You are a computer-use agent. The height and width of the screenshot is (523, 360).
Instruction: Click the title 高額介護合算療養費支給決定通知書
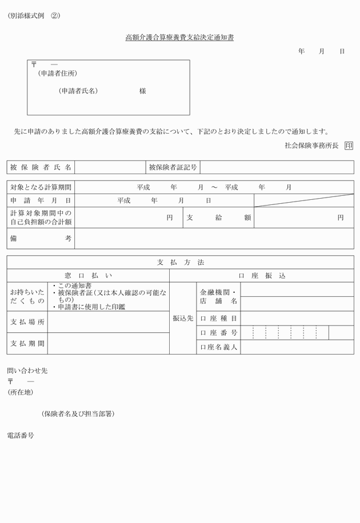[179, 38]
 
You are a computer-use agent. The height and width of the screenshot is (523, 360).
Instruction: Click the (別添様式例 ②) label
[34, 16]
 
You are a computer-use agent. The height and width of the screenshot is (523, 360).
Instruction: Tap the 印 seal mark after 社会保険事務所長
[349, 146]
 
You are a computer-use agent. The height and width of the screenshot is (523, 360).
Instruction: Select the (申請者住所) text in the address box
[57, 74]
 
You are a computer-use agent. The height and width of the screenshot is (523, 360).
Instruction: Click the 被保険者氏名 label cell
[41, 167]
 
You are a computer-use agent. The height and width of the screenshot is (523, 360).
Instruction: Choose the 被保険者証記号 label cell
[173, 167]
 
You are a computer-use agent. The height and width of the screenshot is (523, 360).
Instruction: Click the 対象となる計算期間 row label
[41, 187]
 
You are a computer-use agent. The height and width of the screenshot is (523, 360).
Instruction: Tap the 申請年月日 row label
[41, 200]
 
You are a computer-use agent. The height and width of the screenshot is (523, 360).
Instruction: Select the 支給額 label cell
[218, 218]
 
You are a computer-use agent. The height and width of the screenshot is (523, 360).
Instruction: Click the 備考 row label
[41, 238]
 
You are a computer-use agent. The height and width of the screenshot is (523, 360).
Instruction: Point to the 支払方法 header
[180, 263]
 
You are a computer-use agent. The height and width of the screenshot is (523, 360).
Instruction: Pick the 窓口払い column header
[88, 275]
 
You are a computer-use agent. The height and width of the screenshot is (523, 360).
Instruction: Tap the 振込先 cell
[183, 318]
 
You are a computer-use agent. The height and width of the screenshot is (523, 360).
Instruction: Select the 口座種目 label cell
[218, 318]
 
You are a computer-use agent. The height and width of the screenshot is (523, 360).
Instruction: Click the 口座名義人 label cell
[218, 347]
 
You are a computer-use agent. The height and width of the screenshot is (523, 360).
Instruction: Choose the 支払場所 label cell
[27, 322]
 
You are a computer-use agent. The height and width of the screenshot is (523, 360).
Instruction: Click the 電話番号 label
[21, 435]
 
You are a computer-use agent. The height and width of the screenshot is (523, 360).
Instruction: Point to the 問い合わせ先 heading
[27, 371]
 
